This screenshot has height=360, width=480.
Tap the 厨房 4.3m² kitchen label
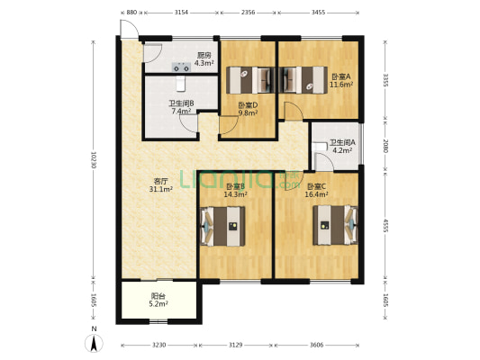pyautogui.click(x=204, y=59)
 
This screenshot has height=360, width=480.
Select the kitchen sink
pyautogui.click(x=181, y=67)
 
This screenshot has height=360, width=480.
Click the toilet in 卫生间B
pyautogui.click(x=181, y=84)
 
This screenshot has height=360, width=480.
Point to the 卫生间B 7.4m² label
pyautogui.click(x=181, y=107)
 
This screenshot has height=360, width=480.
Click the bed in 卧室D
pyautogui.click(x=250, y=80)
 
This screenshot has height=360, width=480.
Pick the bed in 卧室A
pyautogui.click(x=303, y=80)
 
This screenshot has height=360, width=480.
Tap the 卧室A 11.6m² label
pyautogui.click(x=341, y=80)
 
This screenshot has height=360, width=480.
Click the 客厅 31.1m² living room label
pyautogui.click(x=161, y=185)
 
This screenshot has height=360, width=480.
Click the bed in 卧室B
pyautogui.click(x=222, y=226)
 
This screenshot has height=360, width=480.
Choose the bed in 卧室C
pyautogui.click(x=335, y=225)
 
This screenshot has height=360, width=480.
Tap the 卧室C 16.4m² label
pyautogui.click(x=316, y=190)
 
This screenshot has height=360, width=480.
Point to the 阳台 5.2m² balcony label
pyautogui.click(x=159, y=300)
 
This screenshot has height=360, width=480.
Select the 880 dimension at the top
pyautogui.click(x=131, y=13)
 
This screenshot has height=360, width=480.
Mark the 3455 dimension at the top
pyautogui.click(x=318, y=13)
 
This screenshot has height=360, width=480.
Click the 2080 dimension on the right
pyautogui.click(x=385, y=146)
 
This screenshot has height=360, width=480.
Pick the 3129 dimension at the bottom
pyautogui.click(x=236, y=345)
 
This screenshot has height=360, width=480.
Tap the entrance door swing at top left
pyautogui.click(x=129, y=30)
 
